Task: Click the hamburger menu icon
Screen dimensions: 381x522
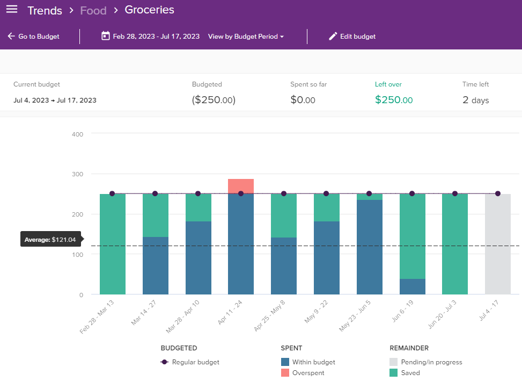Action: point(11,10)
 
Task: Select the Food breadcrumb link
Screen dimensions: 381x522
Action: point(93,10)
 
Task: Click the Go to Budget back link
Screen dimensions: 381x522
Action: point(33,37)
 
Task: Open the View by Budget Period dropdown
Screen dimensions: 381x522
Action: point(246,37)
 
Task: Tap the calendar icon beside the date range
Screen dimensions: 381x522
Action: point(106,37)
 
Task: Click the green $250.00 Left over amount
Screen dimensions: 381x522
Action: point(393,100)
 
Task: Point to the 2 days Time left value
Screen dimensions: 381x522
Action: point(475,100)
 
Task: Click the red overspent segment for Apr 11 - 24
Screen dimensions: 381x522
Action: point(241,185)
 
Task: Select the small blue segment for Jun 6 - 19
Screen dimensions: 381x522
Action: point(413,286)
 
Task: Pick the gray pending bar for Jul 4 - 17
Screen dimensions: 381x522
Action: point(497,245)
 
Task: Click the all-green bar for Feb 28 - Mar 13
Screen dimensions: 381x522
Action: point(113,245)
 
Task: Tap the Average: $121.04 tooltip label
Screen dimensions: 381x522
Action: point(50,240)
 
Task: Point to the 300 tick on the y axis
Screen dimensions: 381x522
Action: point(77,174)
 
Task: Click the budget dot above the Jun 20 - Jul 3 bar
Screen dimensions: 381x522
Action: point(455,193)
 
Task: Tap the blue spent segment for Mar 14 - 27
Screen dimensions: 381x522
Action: point(156,265)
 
